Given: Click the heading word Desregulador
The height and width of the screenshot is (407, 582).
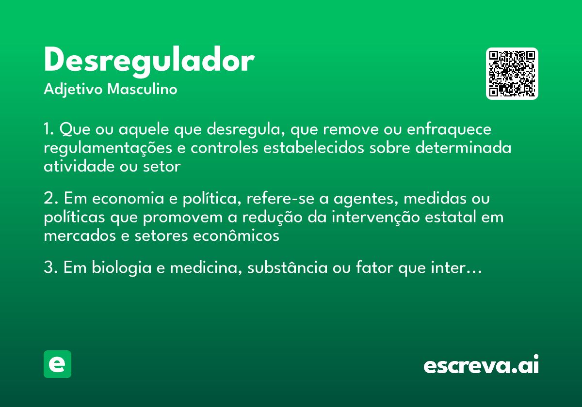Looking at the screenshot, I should click(149, 62).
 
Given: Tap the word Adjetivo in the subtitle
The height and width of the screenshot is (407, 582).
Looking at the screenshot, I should click(73, 90).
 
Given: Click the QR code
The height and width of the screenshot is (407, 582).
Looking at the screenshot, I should click(512, 74).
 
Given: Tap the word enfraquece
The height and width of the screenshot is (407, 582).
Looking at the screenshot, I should click(449, 130).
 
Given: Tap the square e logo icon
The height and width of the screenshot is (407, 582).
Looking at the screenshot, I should click(57, 364).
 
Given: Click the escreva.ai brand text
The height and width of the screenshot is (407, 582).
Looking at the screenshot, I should click(481, 365).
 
